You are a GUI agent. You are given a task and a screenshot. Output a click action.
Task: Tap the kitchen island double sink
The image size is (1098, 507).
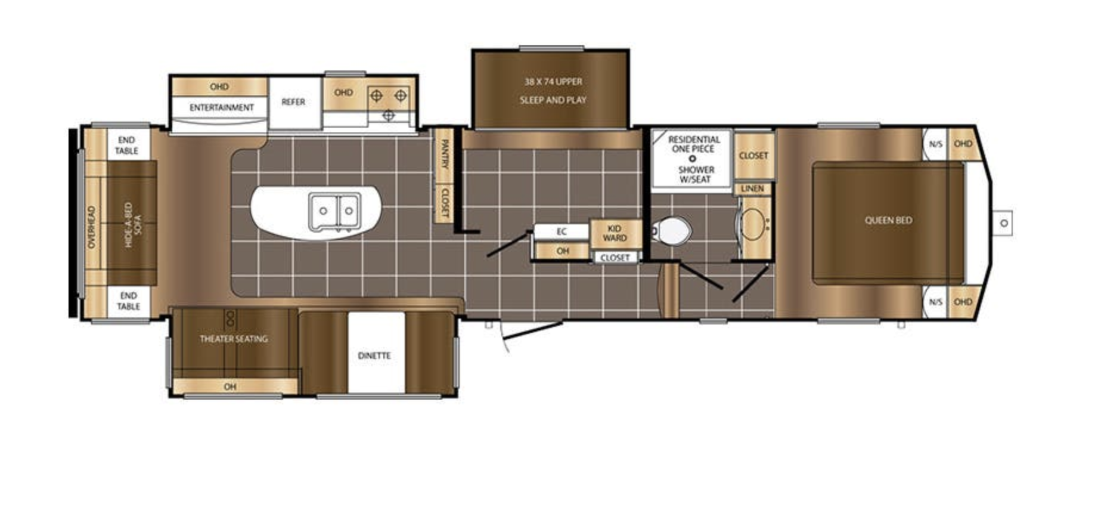(x=334, y=211)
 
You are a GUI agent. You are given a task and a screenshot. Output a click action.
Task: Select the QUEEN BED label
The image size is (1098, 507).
(x=888, y=220)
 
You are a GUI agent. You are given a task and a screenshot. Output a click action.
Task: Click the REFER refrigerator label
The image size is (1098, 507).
(x=293, y=102)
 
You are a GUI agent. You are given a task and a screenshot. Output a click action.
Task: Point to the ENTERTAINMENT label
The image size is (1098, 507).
(x=222, y=107)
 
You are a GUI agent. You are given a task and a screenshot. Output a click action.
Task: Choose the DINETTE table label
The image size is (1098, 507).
(x=374, y=355)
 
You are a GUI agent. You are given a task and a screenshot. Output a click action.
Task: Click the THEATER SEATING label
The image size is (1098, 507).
(x=234, y=339)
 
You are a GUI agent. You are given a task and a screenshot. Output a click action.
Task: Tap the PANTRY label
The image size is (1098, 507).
(x=444, y=154)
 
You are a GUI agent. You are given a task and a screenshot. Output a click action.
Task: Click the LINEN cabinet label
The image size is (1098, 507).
(x=752, y=188)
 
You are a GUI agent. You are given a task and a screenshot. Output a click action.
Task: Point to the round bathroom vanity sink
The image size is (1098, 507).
(x=752, y=224)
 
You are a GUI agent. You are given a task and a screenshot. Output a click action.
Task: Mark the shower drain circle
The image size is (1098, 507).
(x=692, y=159)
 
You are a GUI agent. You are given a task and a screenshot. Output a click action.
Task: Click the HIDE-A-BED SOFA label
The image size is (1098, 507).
(x=132, y=224)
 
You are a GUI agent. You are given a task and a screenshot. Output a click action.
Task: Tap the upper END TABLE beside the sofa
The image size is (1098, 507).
(x=127, y=145)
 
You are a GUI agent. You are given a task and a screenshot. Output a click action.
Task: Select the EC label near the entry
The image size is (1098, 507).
(x=562, y=231)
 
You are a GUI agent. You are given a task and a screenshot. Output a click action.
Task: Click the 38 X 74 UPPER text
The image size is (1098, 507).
(x=553, y=81)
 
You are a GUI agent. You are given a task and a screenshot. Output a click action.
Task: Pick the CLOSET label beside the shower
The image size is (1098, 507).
(x=753, y=155)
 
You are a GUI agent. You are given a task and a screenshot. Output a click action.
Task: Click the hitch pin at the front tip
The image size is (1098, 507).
(x=1004, y=223)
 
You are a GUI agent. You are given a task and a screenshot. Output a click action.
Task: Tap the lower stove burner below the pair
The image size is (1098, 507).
(x=388, y=115)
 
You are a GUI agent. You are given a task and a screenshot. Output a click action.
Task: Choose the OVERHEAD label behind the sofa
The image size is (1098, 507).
(x=91, y=227)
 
